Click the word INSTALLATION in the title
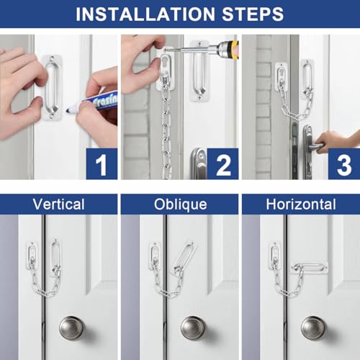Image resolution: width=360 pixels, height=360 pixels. tap(145, 14)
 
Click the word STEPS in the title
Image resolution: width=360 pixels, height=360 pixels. tap(253, 14)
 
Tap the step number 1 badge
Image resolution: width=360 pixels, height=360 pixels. tap(102, 164)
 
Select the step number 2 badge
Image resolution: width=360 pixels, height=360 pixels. tap(223, 164)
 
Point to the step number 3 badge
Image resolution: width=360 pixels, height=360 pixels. tap(344, 164)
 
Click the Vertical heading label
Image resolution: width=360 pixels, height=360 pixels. tap(59, 204)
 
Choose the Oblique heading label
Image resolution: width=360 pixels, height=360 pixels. tap(180, 204)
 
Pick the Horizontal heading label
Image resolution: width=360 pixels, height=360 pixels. tap(301, 204)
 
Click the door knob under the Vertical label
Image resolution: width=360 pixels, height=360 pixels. tap(71, 328)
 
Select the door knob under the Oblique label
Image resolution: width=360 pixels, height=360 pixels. tap(193, 328)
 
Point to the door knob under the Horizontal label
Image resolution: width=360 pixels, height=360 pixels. tap(313, 328)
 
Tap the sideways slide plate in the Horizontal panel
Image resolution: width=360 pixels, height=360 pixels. tap(310, 267)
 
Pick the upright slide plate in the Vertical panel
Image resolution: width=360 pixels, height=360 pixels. tap(55, 257)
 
